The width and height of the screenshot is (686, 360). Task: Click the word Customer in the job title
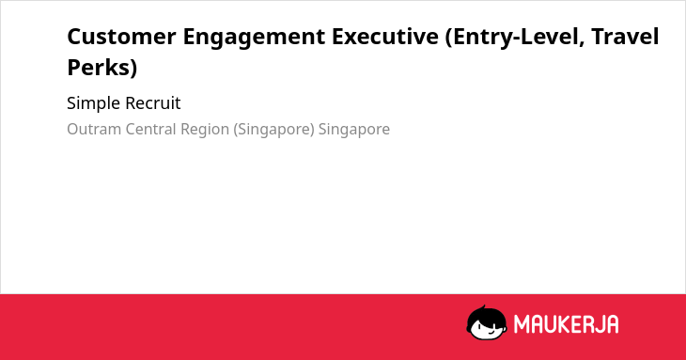[121, 37]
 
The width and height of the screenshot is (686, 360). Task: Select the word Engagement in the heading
[254, 38]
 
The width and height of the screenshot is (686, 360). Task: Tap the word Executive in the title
[385, 37]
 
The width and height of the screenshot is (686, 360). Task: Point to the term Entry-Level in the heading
[515, 38]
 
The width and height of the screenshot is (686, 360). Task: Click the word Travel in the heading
[625, 37]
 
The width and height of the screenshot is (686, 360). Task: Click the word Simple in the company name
[94, 104]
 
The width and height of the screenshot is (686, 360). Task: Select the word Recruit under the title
[152, 103]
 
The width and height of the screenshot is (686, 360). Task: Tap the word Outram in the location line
[94, 129]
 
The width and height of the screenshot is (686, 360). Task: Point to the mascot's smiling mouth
[490, 334]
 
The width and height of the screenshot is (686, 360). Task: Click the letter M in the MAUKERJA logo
[522, 324]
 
